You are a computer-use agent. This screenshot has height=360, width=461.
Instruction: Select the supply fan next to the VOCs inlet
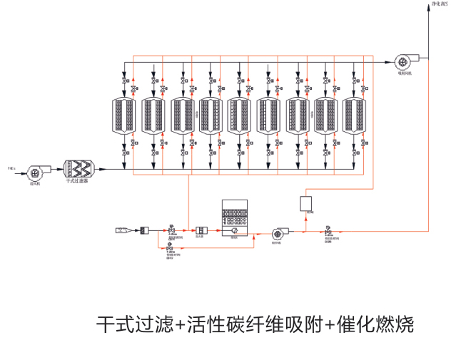click(34, 171)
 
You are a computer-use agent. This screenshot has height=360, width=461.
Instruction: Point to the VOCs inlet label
click(11, 168)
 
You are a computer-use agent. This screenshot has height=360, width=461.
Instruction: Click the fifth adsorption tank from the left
click(240, 115)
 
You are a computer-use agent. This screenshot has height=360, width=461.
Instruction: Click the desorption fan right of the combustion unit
click(278, 232)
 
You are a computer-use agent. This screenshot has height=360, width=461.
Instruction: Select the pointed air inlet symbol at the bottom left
click(123, 230)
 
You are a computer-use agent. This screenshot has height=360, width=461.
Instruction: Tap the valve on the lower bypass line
click(169, 247)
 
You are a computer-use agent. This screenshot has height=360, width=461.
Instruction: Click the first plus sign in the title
click(180, 326)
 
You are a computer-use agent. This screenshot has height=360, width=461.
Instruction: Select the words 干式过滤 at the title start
click(135, 326)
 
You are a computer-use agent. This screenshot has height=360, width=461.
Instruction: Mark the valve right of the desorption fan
click(327, 230)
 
